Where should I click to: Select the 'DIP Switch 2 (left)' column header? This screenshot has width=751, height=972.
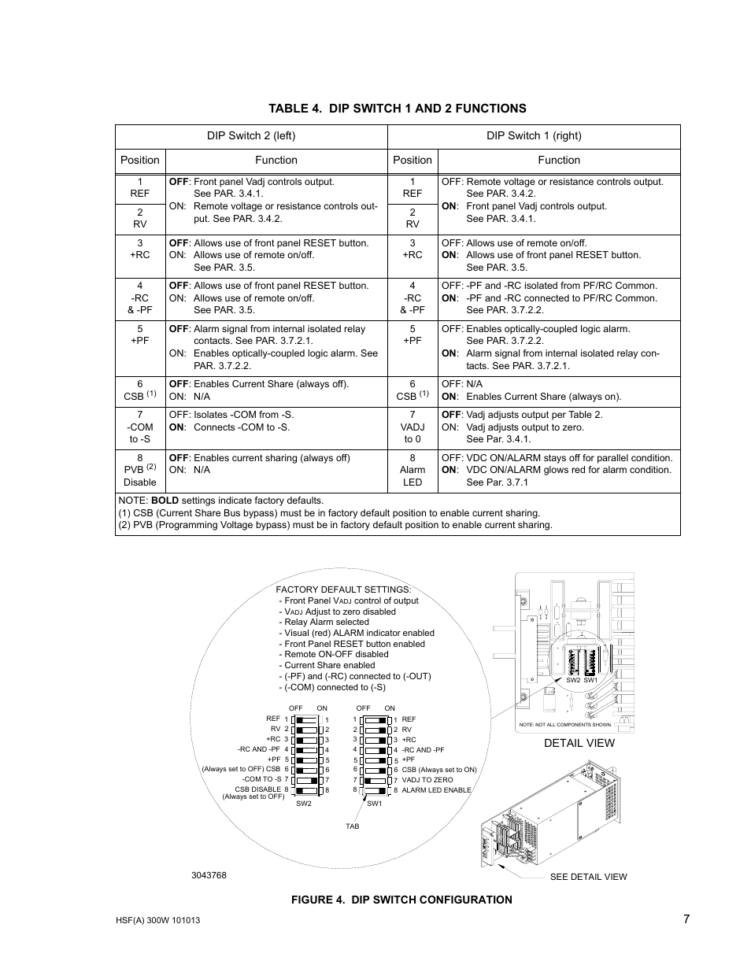coord(251,135)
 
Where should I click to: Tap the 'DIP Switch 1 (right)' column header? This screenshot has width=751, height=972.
coord(534,135)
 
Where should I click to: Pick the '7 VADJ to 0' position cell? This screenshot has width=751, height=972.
coord(412,427)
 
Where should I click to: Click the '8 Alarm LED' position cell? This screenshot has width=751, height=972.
coord(412,470)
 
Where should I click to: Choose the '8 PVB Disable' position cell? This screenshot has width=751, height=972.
coord(140,470)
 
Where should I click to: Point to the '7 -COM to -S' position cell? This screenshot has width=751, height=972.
coord(140,427)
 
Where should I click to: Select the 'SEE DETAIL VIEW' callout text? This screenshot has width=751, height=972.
coord(588,877)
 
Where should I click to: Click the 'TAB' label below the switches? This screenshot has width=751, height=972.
coord(352,826)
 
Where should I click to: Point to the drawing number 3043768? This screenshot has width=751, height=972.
coord(209,875)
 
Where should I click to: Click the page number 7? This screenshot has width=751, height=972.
coord(686,918)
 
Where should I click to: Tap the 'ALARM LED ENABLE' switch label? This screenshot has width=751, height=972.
coord(436,790)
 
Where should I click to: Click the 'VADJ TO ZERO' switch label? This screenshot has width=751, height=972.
coord(427,780)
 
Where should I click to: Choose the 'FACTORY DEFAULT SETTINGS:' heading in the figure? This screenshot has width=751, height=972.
coord(343,589)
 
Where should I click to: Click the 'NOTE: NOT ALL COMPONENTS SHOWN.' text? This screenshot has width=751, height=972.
coord(565,724)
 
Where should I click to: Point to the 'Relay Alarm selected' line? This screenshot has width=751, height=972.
coord(326,622)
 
